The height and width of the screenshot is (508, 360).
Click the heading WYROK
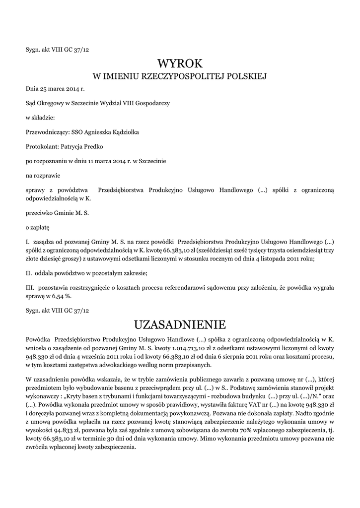[x=180, y=63]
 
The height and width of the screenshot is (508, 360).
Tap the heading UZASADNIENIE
[x=180, y=325]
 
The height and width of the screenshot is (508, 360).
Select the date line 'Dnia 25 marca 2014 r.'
[x=56, y=89]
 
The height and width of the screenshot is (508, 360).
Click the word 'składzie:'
[x=44, y=118]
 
